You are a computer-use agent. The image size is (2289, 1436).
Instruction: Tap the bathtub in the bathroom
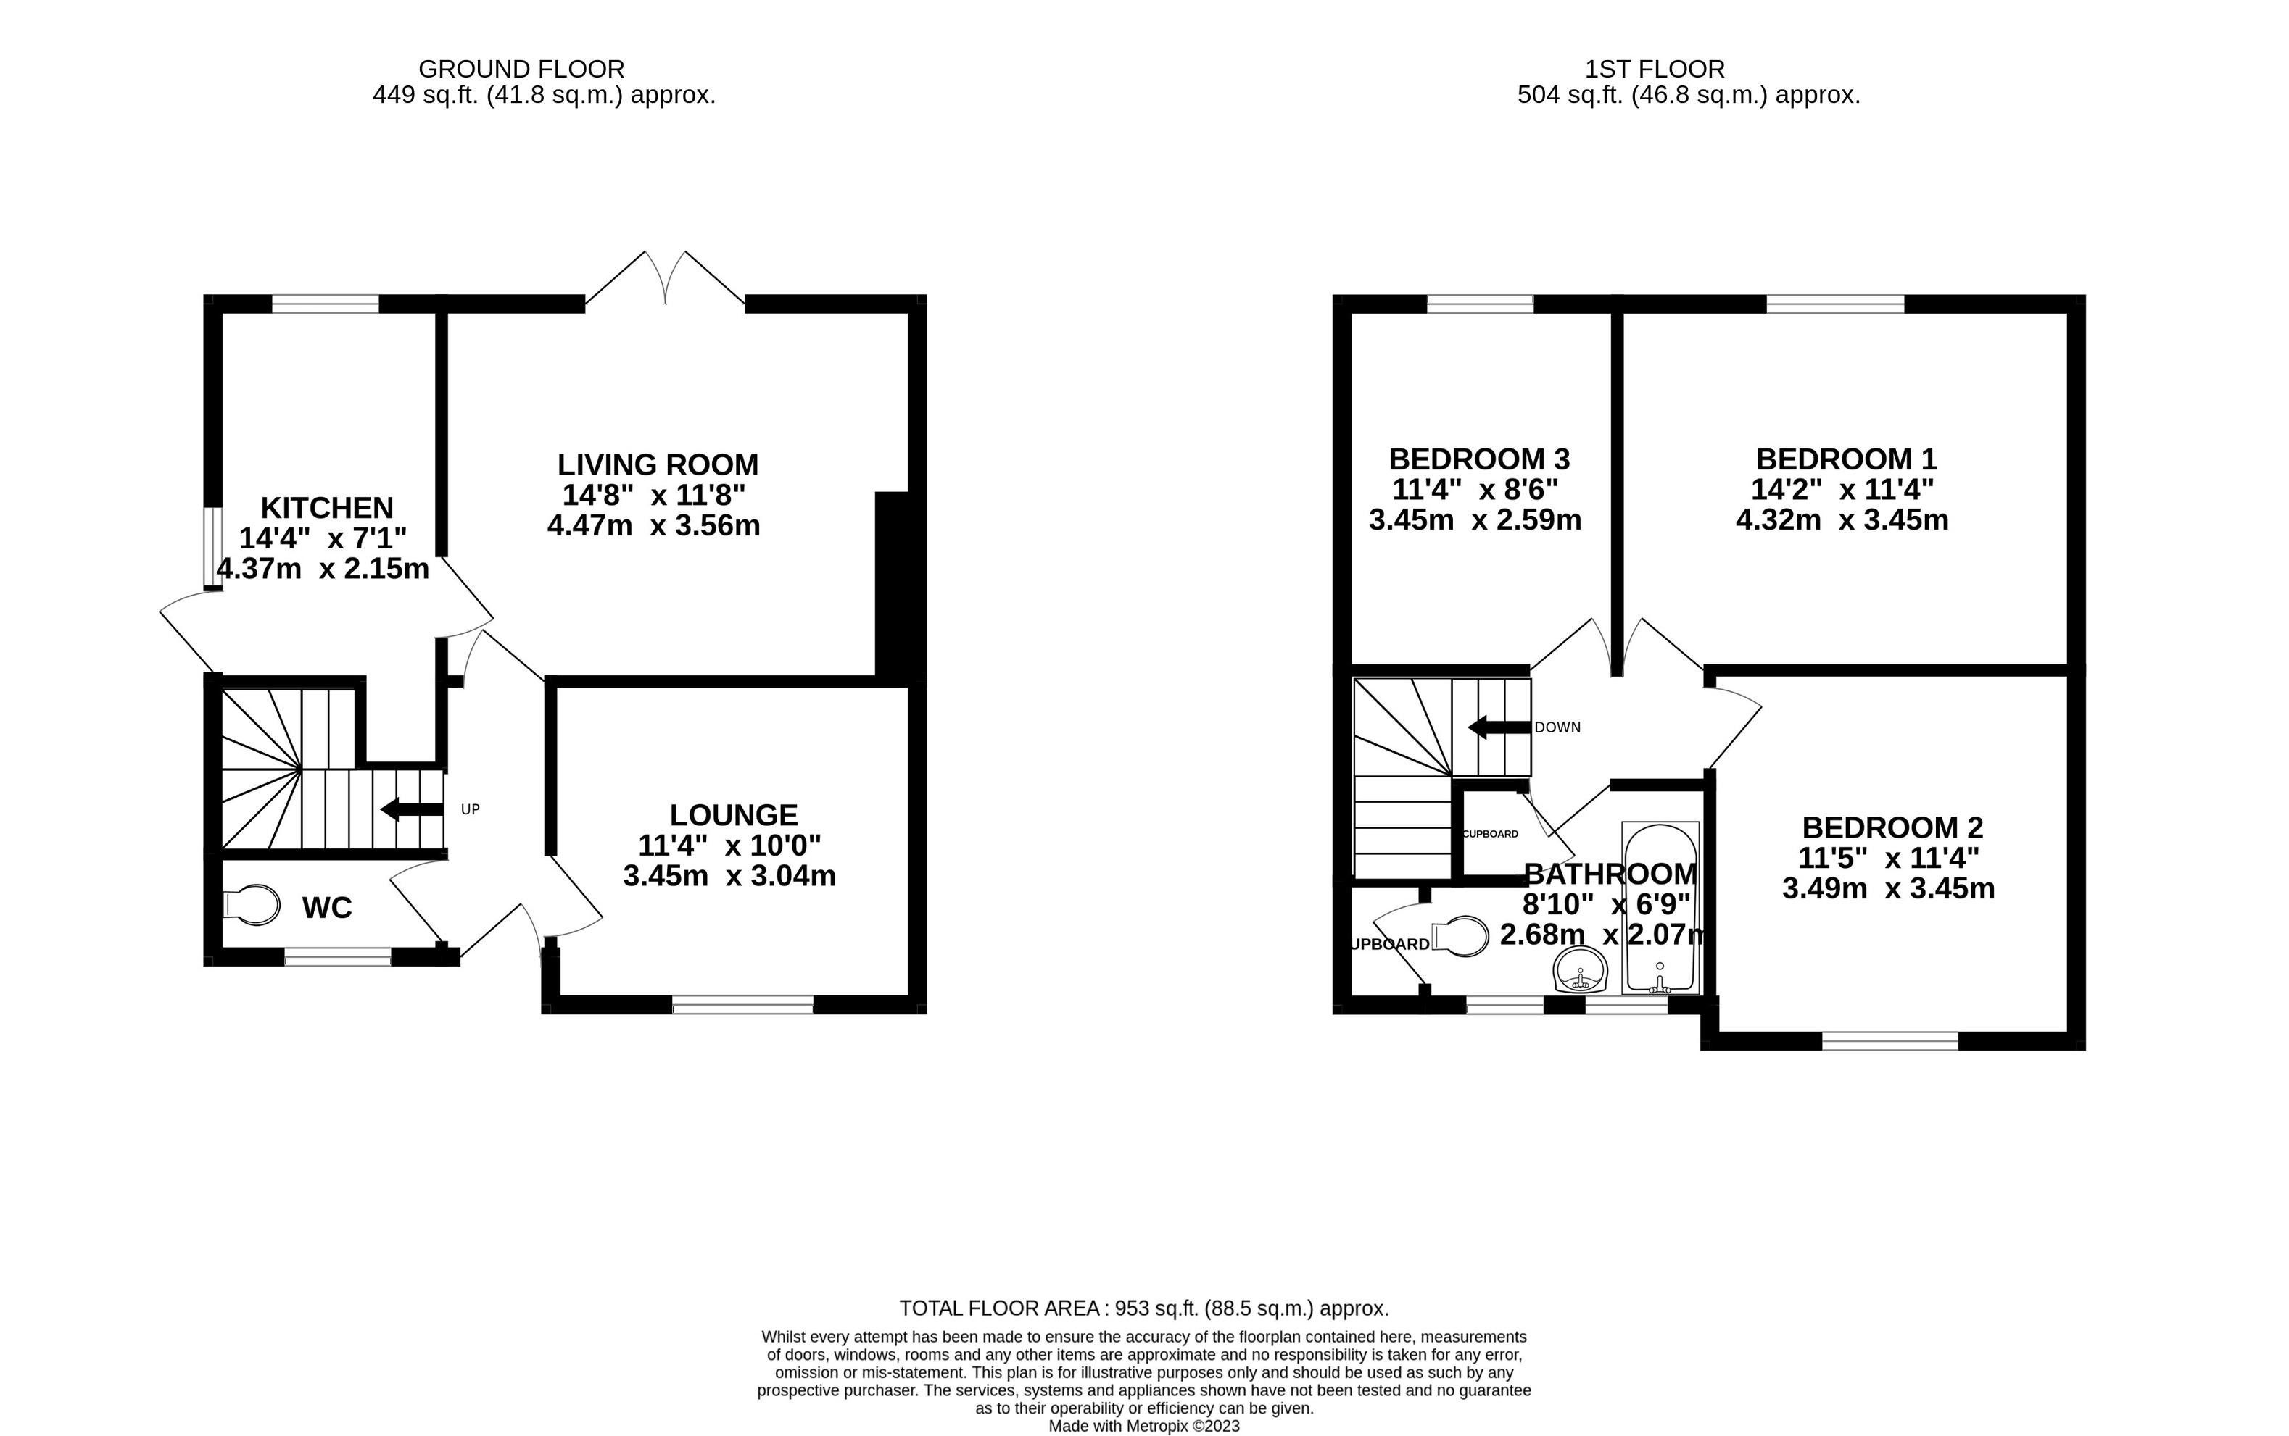[x=1659, y=907]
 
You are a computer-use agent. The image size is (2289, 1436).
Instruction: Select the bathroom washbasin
[x=1579, y=972]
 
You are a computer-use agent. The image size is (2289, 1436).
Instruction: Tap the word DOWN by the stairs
[x=1557, y=727]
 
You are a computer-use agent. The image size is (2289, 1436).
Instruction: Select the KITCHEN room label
[x=327, y=507]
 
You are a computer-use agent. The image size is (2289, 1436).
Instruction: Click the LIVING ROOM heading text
[x=658, y=464]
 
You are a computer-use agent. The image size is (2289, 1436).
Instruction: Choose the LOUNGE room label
[x=734, y=815]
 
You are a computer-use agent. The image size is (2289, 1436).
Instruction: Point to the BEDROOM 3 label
[x=1478, y=459]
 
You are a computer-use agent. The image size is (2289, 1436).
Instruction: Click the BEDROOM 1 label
[x=1845, y=459]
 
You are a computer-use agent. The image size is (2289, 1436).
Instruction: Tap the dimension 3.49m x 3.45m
[x=1888, y=888]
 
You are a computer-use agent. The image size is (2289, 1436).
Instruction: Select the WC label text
[x=327, y=908]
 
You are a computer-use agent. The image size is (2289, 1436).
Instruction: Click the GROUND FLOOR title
[x=521, y=70]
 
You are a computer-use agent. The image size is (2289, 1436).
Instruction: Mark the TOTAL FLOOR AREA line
[x=1144, y=1308]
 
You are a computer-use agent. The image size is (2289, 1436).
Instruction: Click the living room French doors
[x=665, y=277]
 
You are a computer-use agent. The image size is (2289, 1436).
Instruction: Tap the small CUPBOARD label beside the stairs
[x=1490, y=834]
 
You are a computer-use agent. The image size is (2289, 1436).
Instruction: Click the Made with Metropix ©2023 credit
[x=1144, y=1427]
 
